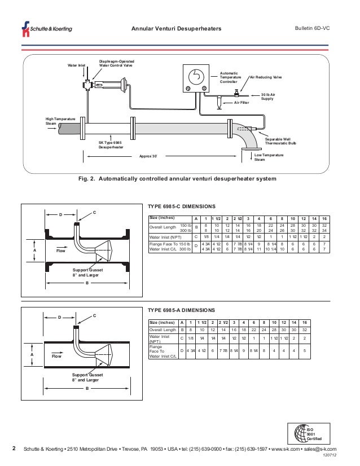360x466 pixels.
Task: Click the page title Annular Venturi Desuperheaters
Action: coord(176,29)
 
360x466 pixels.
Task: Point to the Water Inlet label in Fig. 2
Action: coord(77,65)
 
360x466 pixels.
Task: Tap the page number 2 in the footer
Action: coord(14,449)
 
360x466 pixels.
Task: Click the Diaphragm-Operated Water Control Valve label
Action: coord(116,63)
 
